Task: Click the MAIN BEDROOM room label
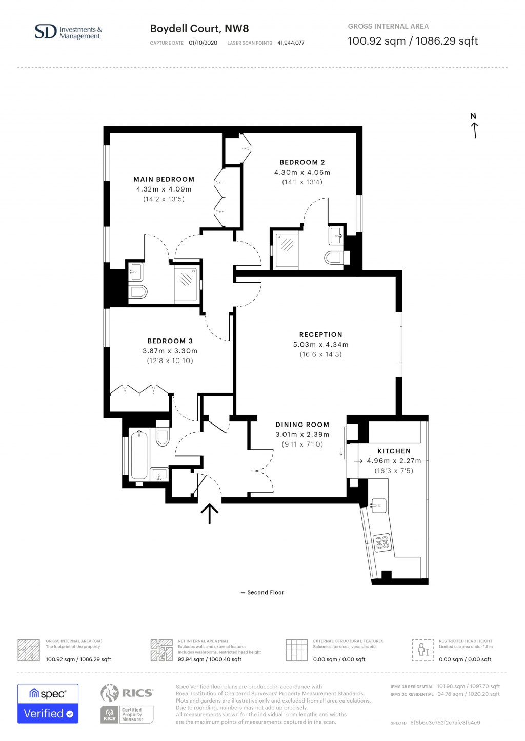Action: [x=164, y=179]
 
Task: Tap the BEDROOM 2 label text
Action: [x=302, y=162]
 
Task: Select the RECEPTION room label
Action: [x=320, y=334]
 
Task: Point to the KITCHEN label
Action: [x=394, y=451]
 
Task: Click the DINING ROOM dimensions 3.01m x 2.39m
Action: [x=302, y=434]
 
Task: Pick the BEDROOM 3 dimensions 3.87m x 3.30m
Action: [x=170, y=351]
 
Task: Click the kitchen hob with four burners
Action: [x=382, y=542]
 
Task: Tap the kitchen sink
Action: [x=378, y=505]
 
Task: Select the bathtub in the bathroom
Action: [x=139, y=454]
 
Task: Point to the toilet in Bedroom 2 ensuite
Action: [x=334, y=257]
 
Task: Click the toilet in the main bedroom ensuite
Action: [x=138, y=292]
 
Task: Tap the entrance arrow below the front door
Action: [x=209, y=513]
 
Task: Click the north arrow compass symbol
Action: [x=474, y=126]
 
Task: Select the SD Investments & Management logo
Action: [x=68, y=32]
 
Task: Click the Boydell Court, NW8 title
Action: [x=199, y=29]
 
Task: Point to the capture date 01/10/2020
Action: [x=203, y=43]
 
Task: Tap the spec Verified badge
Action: [x=48, y=703]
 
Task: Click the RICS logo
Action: [x=127, y=693]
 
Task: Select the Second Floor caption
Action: [x=262, y=592]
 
